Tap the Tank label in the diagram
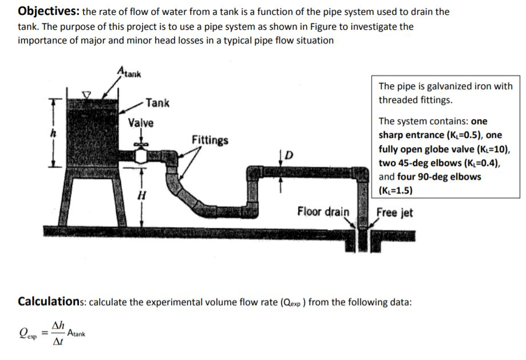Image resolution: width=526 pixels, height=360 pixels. click(157, 103)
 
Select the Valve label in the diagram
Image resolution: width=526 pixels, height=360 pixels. click(140, 122)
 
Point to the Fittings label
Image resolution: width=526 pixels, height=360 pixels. click(209, 140)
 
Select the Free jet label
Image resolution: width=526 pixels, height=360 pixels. click(394, 212)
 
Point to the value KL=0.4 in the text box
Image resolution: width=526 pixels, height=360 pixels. click(482, 163)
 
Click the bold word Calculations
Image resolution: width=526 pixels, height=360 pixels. click(53, 301)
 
